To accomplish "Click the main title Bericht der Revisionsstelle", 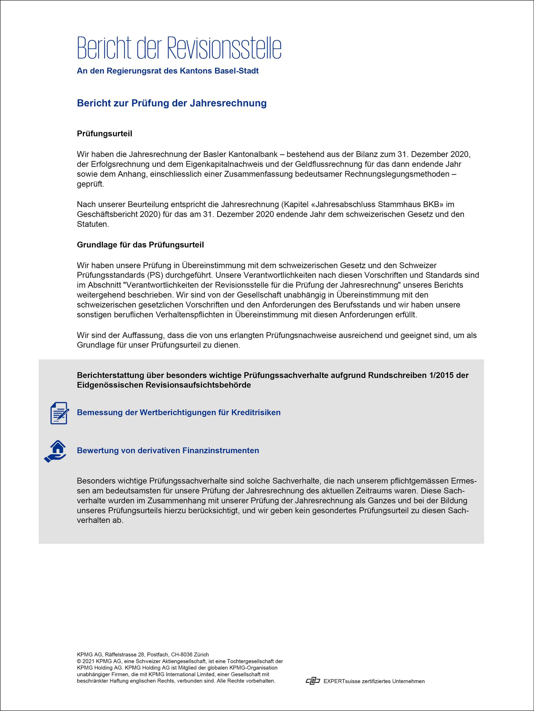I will (179, 48).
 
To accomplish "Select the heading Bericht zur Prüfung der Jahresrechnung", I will (172, 103).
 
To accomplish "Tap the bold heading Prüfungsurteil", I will (104, 134).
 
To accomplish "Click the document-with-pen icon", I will (59, 413).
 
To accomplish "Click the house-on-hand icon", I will (55, 451).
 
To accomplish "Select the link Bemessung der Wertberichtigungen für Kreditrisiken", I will (179, 413).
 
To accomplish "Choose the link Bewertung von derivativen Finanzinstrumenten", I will (168, 451).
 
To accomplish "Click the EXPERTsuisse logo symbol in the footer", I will (313, 681).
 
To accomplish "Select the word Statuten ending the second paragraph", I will (92, 224).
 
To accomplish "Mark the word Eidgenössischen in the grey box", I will (110, 385).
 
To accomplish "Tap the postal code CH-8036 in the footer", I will (182, 655).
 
